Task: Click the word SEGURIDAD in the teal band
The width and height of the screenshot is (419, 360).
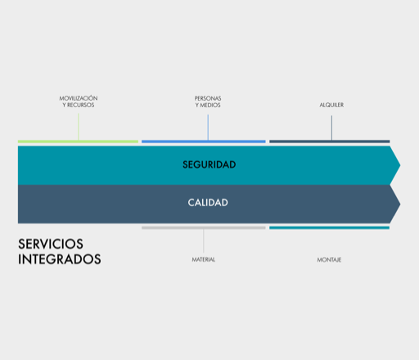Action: point(209,164)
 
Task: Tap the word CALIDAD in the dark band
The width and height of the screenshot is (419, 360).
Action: point(208,203)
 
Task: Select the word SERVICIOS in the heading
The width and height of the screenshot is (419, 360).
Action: point(51,244)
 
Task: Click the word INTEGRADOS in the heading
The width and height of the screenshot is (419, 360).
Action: point(60,259)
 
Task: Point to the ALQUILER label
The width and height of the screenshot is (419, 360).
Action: point(331,105)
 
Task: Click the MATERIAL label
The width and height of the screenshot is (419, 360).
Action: point(204,259)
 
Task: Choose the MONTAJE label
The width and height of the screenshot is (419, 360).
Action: point(329,260)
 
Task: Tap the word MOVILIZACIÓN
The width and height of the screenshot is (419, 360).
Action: point(79,98)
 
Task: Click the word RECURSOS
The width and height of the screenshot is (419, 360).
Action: point(81,105)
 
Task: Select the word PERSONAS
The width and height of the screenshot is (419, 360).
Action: point(208,98)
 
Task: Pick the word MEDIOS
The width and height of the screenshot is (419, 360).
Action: point(210,106)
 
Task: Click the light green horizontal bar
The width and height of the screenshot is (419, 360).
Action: point(78,142)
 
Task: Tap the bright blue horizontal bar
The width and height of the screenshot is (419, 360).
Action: point(204,142)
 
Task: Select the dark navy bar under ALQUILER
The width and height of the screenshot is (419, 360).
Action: point(330,142)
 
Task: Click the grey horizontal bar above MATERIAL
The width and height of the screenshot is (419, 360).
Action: point(204,227)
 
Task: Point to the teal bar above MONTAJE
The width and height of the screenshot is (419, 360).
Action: point(329,227)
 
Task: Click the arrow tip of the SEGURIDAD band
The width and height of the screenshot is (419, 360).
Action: point(400,165)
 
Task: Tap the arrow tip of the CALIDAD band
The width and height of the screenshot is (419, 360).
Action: point(400,204)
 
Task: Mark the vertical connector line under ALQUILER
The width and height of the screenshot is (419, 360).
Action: point(331,128)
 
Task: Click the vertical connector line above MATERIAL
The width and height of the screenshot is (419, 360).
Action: point(204,241)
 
